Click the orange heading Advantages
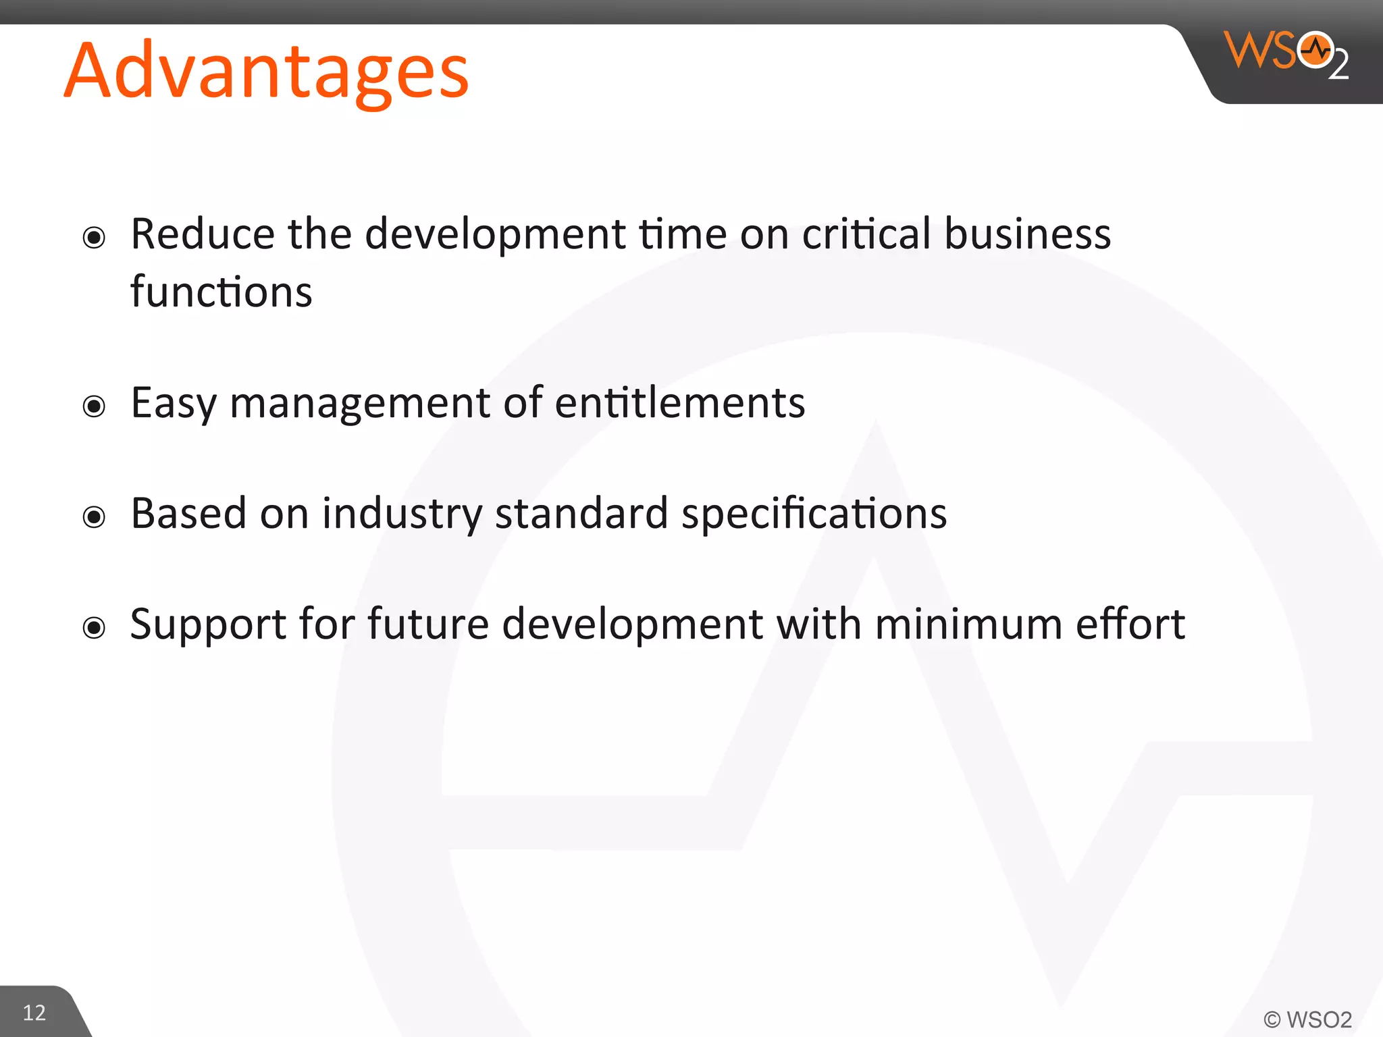pos(266,72)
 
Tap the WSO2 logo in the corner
pos(1286,54)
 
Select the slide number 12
pos(34,1013)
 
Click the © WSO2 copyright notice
pos(1307,1019)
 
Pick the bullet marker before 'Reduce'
pos(94,238)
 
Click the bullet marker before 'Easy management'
pos(94,406)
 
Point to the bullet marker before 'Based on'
pos(94,517)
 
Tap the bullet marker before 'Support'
pos(94,628)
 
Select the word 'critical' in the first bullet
pos(866,234)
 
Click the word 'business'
pos(1027,234)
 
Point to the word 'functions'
pos(221,292)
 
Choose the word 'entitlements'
pos(680,403)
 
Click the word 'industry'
pos(402,514)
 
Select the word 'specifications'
pos(814,514)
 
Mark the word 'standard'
pos(581,513)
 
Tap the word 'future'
pos(428,624)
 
